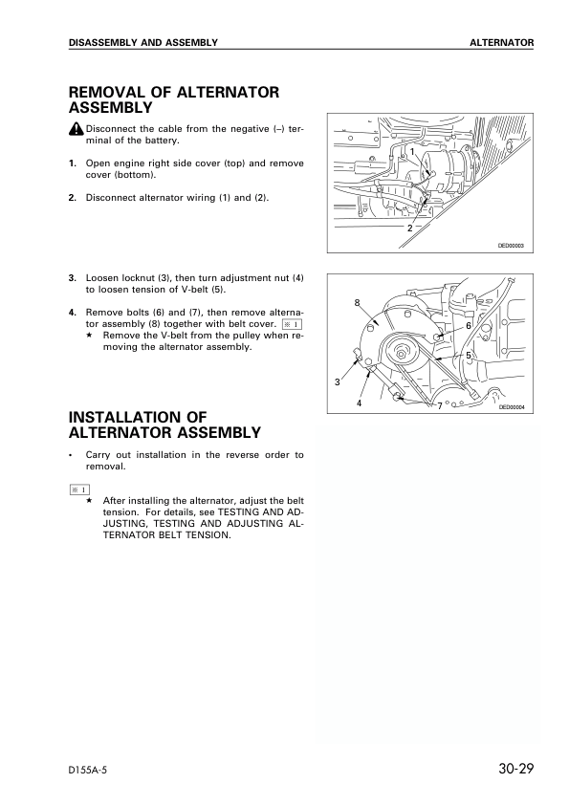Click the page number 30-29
click(x=515, y=769)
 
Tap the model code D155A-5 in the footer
click(x=88, y=770)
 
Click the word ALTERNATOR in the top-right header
click(x=502, y=43)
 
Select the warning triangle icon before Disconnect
click(x=76, y=128)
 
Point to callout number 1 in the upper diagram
click(x=412, y=151)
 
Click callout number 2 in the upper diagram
click(x=410, y=228)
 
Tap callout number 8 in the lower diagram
click(x=358, y=303)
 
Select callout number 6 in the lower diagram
click(x=469, y=326)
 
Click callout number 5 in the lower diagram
click(x=469, y=356)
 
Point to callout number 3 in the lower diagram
click(x=338, y=382)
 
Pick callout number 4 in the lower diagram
click(x=359, y=403)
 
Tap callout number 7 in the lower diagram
click(x=440, y=405)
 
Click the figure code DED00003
click(x=511, y=246)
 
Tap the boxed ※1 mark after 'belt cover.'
click(x=293, y=324)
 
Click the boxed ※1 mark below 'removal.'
click(x=79, y=490)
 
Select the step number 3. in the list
click(x=73, y=278)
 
